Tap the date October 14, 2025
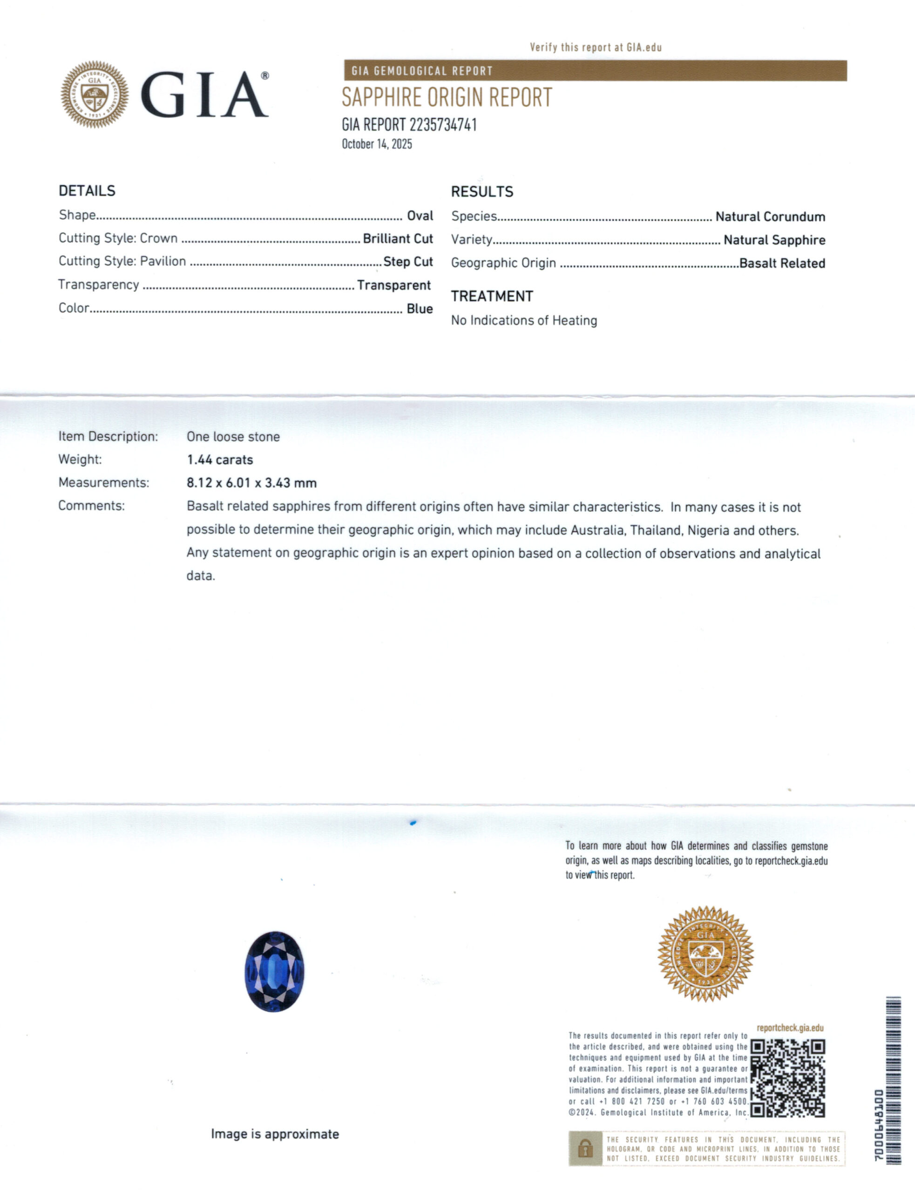click(x=376, y=144)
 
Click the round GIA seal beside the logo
click(x=95, y=95)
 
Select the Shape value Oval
click(x=420, y=216)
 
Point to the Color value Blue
click(x=420, y=309)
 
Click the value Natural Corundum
click(x=770, y=217)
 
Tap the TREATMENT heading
click(x=492, y=296)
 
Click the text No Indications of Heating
click(x=523, y=320)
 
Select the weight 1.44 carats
click(x=220, y=460)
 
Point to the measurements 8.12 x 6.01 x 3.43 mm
click(x=251, y=483)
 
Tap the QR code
click(x=787, y=1078)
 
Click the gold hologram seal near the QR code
click(x=705, y=954)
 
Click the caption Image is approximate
click(x=275, y=1134)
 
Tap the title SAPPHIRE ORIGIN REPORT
click(x=447, y=98)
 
